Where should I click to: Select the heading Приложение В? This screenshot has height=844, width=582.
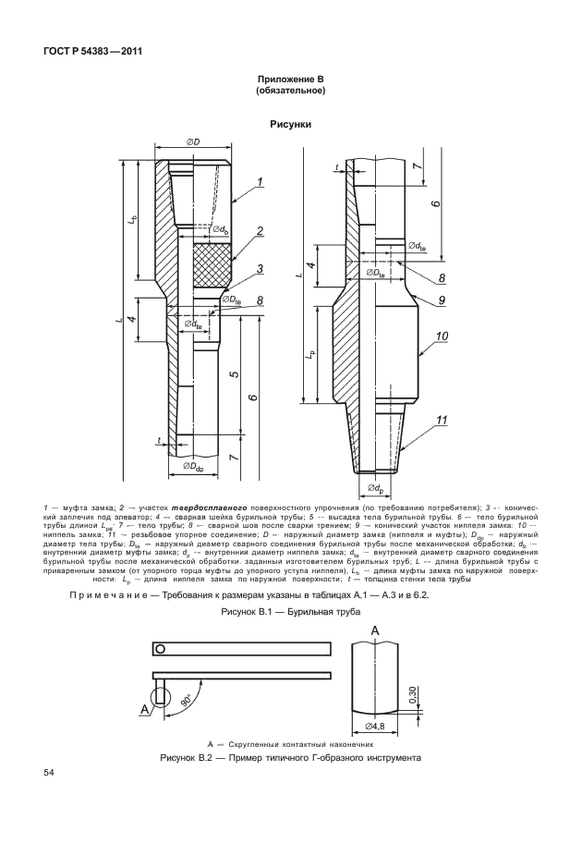pyautogui.click(x=290, y=81)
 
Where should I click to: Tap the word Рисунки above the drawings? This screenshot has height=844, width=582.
pyautogui.click(x=290, y=123)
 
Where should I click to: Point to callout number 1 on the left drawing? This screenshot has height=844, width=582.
pyautogui.click(x=261, y=183)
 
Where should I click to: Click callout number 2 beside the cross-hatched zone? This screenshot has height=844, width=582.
pyautogui.click(x=261, y=231)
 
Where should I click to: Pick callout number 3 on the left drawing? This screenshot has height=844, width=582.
pyautogui.click(x=261, y=268)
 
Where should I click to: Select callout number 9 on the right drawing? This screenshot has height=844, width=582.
pyautogui.click(x=442, y=300)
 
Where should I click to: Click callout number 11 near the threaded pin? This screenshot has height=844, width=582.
pyautogui.click(x=442, y=422)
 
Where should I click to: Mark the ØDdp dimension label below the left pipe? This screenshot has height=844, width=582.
pyautogui.click(x=195, y=467)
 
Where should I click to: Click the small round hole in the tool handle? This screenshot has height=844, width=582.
pyautogui.click(x=160, y=649)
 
